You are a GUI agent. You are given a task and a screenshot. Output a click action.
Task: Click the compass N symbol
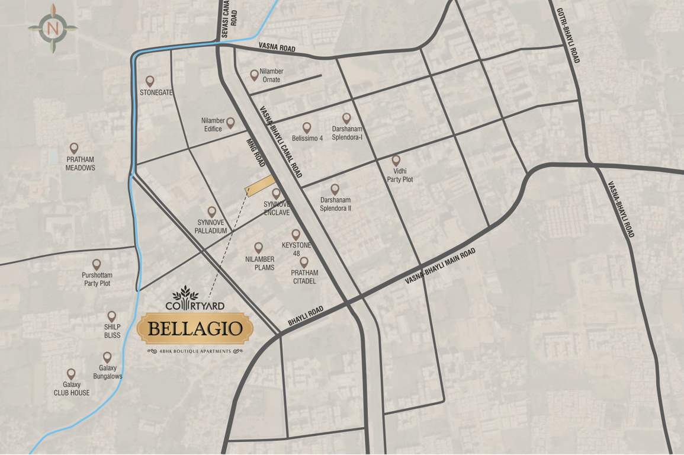tap(53, 28)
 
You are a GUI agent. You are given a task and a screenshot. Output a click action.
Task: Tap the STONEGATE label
tap(156, 93)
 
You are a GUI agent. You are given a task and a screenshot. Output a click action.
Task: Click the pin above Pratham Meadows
tap(74, 148)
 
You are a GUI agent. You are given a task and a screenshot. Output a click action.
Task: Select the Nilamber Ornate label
tap(272, 75)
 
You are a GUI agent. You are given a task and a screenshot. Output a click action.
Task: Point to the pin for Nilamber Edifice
tap(230, 123)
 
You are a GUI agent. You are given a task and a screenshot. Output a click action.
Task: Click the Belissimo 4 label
tap(307, 139)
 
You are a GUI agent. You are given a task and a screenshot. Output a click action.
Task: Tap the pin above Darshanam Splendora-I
tap(346, 118)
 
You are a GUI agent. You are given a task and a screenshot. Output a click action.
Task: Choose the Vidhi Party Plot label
tap(400, 175)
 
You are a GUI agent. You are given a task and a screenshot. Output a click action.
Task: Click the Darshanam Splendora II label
tap(336, 204)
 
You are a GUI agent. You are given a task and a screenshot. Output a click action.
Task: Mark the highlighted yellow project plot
tap(261, 185)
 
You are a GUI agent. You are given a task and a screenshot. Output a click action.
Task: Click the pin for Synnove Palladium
tap(211, 212)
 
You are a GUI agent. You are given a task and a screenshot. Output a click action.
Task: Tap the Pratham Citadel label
tap(304, 277)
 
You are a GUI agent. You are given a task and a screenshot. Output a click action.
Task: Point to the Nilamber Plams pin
tap(258, 247)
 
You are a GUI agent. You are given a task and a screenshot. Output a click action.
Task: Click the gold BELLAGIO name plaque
tap(195, 329)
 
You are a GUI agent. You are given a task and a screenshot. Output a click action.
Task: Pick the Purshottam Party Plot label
tap(97, 280)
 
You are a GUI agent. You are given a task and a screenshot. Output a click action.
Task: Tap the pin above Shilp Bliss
tap(111, 317)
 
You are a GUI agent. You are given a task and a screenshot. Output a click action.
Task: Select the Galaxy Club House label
tap(72, 389)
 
